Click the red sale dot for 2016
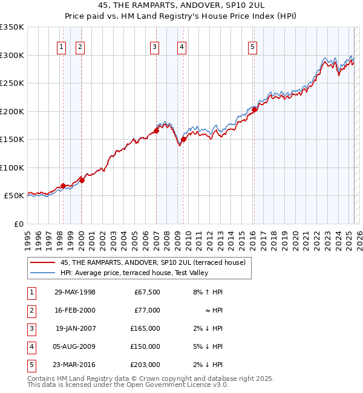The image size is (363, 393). point(255,109)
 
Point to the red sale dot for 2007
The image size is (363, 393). point(156,131)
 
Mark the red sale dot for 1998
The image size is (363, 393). point(63,186)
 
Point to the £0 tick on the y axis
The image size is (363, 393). point(18,224)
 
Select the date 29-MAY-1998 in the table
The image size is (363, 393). point(75,292)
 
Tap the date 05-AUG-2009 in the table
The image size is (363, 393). point(75,346)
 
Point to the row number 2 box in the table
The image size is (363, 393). point(30,310)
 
